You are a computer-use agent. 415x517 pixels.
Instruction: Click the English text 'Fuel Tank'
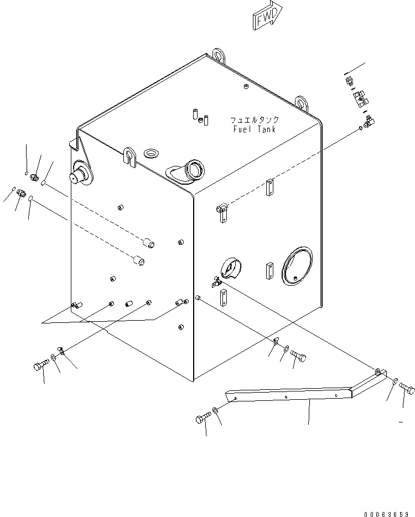(x=254, y=129)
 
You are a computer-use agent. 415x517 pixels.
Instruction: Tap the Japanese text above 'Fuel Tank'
(x=254, y=119)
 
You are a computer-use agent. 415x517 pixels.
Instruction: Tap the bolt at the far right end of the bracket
(x=407, y=388)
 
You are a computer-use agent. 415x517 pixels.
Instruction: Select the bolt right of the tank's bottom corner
(x=298, y=357)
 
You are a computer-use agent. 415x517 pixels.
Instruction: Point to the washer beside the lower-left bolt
(x=54, y=359)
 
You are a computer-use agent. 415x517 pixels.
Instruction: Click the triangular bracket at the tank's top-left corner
(x=76, y=145)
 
